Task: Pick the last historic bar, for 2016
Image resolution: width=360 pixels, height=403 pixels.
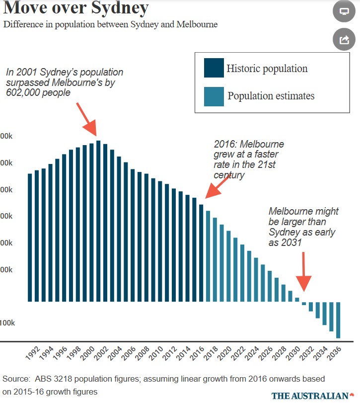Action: (201, 253)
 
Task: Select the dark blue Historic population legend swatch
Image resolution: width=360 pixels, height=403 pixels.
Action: (214, 68)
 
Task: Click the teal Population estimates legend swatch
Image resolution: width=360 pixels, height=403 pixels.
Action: (214, 96)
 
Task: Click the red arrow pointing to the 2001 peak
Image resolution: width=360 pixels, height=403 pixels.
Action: (86, 119)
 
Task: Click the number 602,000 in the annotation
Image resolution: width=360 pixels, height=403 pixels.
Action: (25, 92)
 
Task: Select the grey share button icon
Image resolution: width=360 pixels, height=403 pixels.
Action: (344, 40)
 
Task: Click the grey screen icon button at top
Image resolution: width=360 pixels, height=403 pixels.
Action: (344, 11)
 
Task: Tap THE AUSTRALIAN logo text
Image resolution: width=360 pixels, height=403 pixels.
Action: (310, 396)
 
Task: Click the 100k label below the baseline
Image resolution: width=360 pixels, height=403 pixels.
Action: (7, 322)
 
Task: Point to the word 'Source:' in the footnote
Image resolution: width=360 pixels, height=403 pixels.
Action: (15, 379)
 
